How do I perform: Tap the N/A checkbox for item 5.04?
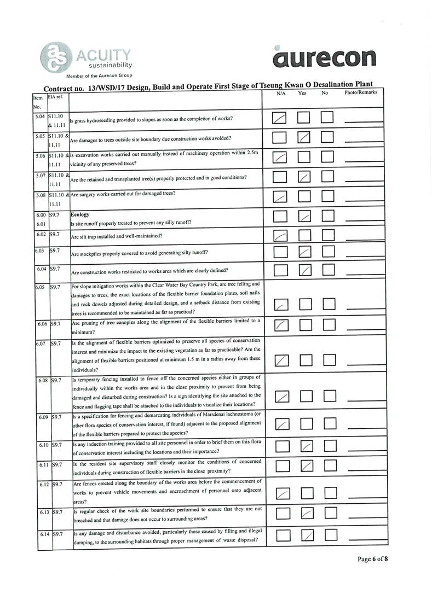point(280,118)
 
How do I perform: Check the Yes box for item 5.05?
point(304,139)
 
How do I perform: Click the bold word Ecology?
point(80,214)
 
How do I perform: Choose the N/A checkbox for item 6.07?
point(281,360)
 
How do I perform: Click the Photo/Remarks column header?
point(360,93)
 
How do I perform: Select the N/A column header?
point(281,94)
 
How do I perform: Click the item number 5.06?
point(38,155)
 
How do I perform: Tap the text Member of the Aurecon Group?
point(99,75)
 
